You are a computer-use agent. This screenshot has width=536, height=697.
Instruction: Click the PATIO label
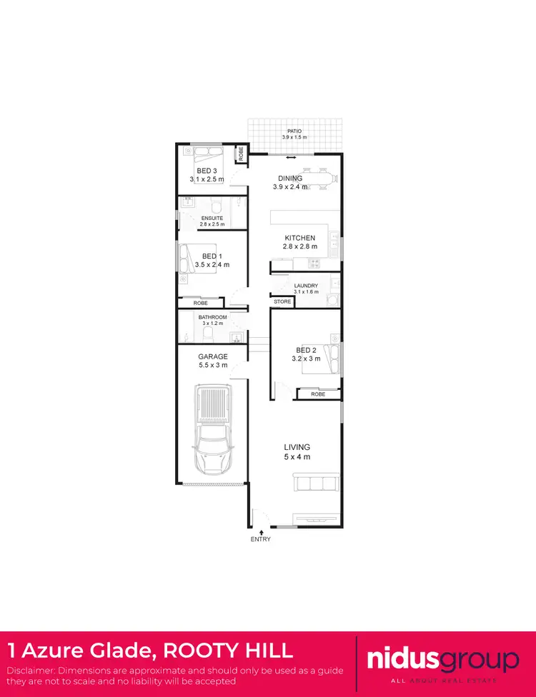[294, 131]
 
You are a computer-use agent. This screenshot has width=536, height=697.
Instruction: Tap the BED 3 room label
[207, 171]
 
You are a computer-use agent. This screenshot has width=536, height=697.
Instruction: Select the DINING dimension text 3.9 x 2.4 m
[290, 187]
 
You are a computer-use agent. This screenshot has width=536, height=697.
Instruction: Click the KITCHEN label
[299, 238]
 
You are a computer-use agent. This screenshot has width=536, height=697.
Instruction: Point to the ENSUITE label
[212, 218]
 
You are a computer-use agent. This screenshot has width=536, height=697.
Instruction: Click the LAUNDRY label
[306, 286]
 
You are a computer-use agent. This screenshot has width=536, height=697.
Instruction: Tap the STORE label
[282, 302]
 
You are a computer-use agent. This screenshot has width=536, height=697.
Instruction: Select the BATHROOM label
[212, 317]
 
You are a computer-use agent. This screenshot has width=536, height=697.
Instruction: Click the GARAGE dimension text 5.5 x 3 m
[213, 365]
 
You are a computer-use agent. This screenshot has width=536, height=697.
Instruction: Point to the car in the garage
[214, 428]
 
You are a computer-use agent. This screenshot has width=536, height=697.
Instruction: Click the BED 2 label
[306, 350]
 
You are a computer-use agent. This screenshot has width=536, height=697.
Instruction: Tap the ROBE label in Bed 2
[318, 393]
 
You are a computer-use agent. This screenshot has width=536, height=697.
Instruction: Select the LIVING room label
[297, 447]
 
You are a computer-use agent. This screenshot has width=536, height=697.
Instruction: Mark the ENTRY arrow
[262, 531]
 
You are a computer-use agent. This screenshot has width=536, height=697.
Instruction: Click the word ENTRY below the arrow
[261, 540]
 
